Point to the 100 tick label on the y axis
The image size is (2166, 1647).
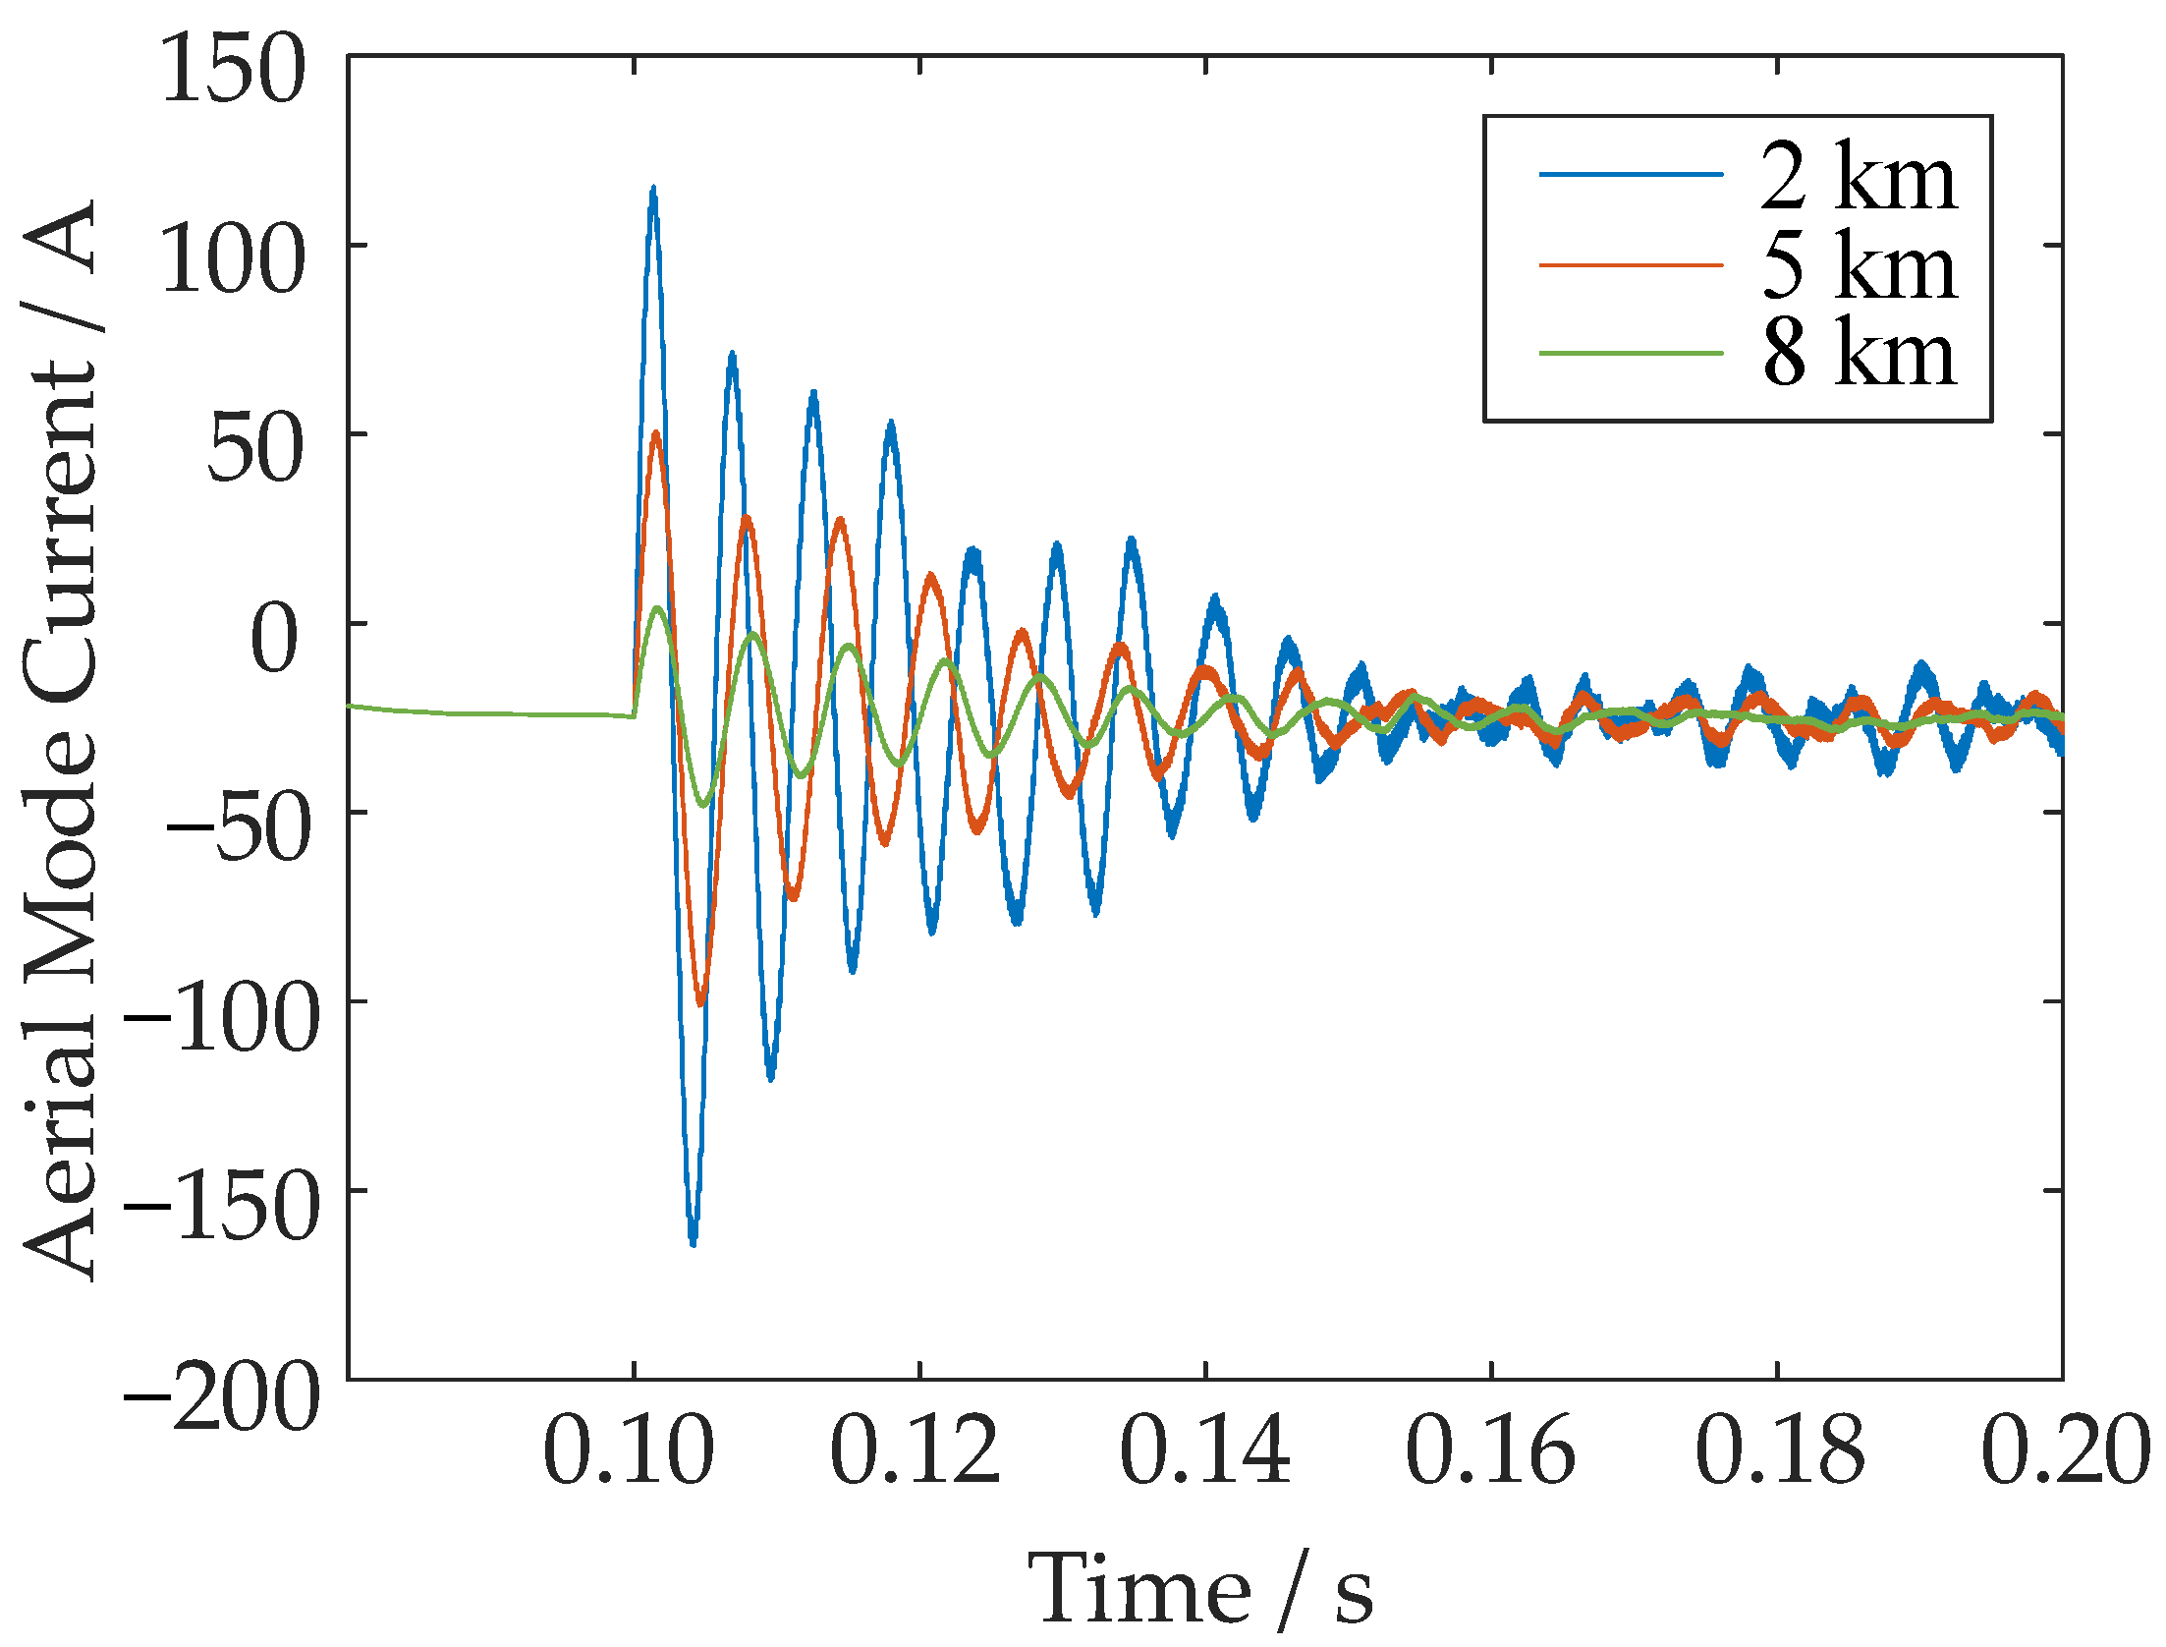click(233, 259)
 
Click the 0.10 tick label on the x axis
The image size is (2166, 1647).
click(629, 1451)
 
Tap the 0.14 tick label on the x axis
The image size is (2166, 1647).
click(1204, 1451)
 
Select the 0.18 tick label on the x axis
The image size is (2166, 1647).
click(1779, 1451)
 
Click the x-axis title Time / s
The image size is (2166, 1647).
click(1200, 1588)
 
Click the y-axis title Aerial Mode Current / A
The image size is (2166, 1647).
click(61, 739)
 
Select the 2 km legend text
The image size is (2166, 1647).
click(1859, 177)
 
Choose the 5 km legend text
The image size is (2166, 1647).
click(1859, 265)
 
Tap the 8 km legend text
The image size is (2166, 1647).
click(1859, 353)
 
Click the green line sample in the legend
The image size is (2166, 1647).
click(1631, 353)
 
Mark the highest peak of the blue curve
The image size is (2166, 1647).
click(653, 189)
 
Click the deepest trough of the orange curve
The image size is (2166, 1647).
click(700, 1002)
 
